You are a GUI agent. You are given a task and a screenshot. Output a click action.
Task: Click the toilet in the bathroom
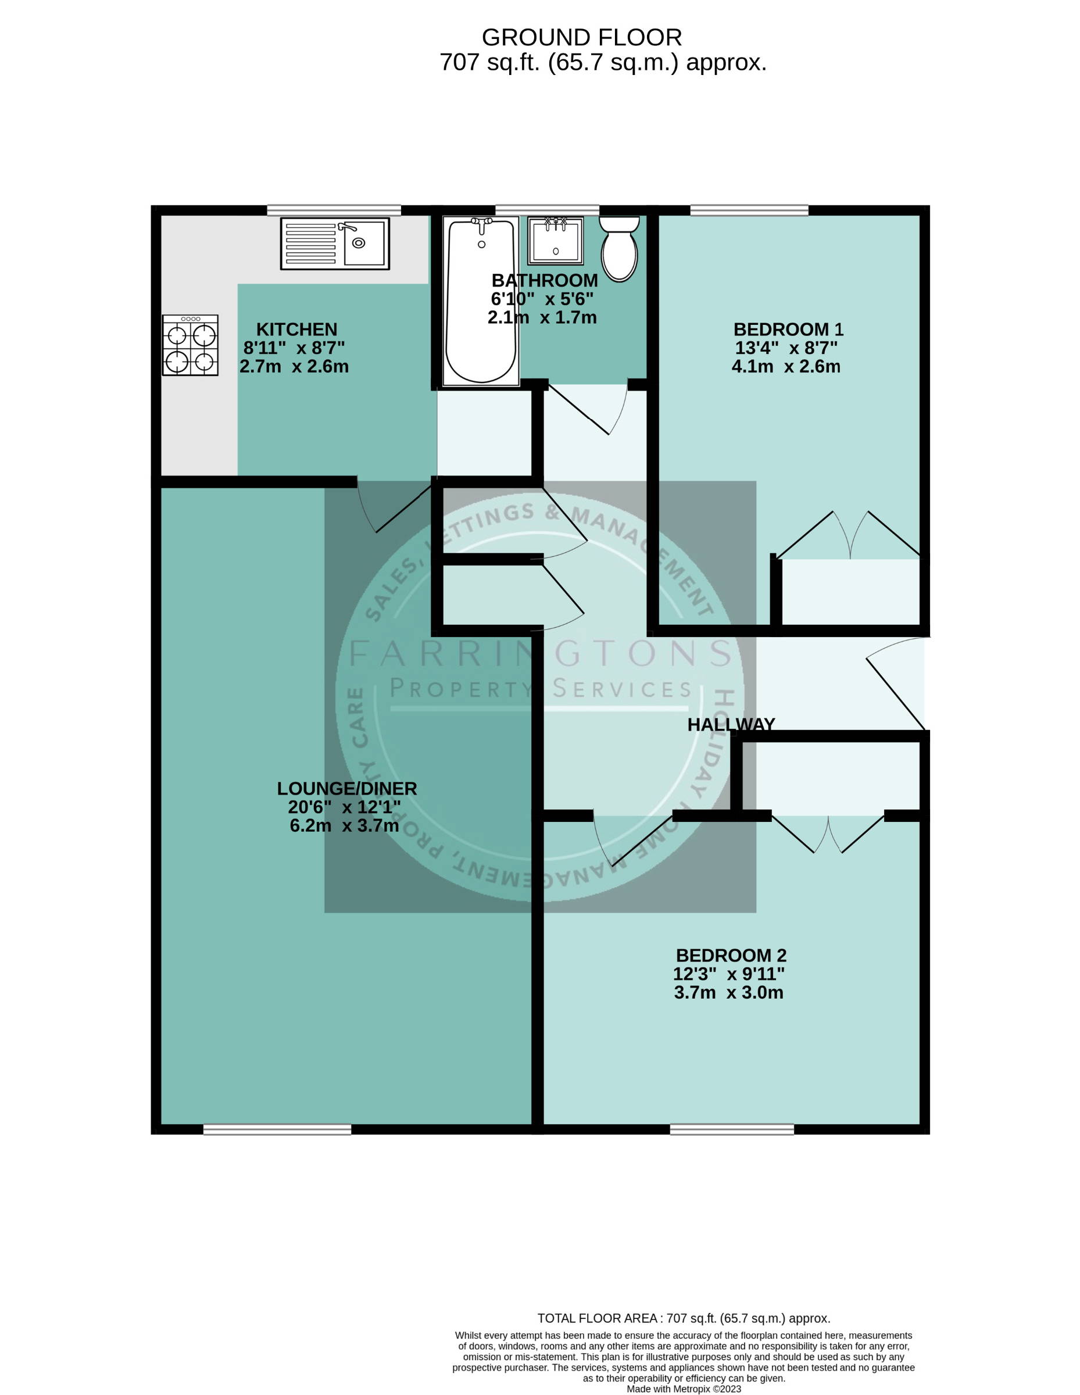(619, 248)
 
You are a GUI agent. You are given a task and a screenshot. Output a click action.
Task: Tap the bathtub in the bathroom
(481, 302)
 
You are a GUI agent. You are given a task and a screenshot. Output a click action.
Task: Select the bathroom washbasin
(556, 241)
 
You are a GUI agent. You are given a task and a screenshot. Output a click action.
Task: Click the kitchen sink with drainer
(335, 244)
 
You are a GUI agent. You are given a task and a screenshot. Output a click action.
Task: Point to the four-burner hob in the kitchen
(189, 345)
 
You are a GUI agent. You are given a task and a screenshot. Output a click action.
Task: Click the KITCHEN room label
(296, 330)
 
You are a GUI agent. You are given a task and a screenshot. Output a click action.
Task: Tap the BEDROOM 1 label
(788, 330)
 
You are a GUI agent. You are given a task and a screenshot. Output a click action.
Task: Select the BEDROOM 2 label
(731, 956)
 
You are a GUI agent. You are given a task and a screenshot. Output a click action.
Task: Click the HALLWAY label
(731, 724)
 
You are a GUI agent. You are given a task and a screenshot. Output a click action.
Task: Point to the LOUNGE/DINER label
(347, 789)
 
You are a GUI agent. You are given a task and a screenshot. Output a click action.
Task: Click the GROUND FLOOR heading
(582, 38)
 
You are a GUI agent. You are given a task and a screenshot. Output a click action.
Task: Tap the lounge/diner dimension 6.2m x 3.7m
(344, 826)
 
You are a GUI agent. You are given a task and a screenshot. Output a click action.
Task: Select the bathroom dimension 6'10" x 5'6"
(542, 299)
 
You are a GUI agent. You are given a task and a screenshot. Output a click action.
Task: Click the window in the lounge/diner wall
(277, 1129)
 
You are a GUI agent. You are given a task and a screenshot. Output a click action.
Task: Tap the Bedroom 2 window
(732, 1129)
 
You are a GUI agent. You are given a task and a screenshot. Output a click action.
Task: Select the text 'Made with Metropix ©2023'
(684, 1389)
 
